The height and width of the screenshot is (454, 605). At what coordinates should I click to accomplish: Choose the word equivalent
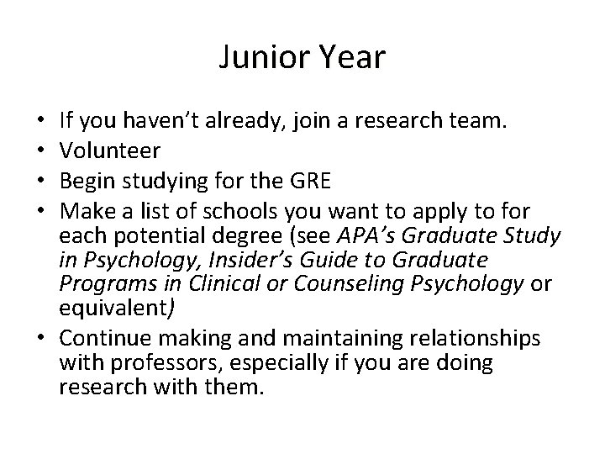[115, 307]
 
